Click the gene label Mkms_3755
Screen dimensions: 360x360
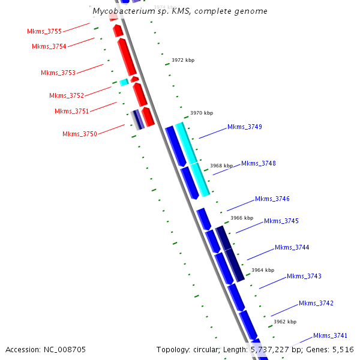tap(44, 31)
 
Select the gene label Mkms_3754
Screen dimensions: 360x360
tap(49, 46)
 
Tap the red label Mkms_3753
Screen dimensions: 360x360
tap(58, 73)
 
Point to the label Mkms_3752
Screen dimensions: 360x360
tap(67, 95)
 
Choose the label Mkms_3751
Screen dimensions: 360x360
tap(71, 111)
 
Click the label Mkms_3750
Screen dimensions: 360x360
tap(79, 134)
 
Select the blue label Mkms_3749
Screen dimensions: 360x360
tap(244, 127)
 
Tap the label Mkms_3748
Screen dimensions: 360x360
tap(259, 163)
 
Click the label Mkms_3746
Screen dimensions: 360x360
tap(272, 199)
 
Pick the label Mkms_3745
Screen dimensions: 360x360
tap(281, 221)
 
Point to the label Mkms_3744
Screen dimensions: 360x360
tap(292, 247)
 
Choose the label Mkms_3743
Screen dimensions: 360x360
tap(304, 276)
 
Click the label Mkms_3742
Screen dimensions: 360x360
tap(316, 303)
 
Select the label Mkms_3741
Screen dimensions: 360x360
tap(330, 335)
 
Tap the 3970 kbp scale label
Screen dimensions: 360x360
tap(202, 113)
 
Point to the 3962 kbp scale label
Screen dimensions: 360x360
tap(285, 322)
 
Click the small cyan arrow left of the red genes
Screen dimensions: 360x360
tap(124, 82)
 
